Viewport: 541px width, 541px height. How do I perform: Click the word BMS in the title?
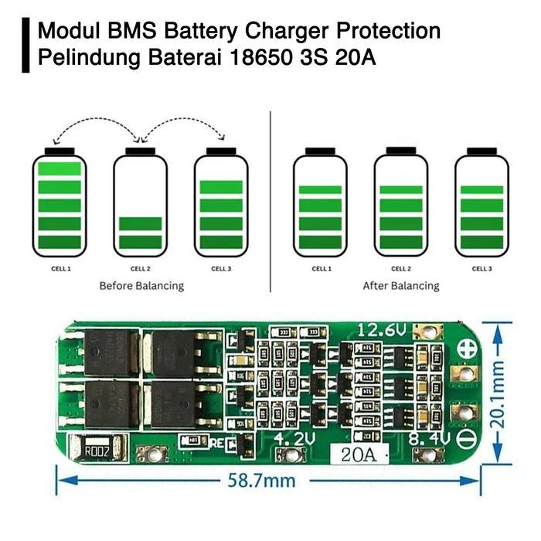tap(130, 32)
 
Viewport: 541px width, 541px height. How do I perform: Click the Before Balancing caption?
tap(141, 286)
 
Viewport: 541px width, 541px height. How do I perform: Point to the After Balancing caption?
tap(400, 286)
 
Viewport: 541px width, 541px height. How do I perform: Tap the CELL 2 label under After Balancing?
tap(400, 269)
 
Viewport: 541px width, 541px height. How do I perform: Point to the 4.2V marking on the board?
tap(294, 439)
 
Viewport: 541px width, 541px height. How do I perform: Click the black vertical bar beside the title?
tap(26, 46)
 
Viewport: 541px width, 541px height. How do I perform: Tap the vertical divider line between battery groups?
tap(270, 201)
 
